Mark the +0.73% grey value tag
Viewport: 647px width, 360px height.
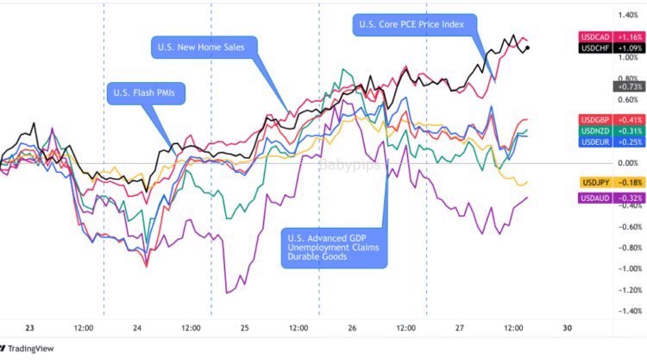627,86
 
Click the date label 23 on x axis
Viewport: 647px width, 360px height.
29,328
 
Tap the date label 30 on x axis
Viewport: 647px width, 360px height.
567,328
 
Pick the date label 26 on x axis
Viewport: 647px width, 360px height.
352,328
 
